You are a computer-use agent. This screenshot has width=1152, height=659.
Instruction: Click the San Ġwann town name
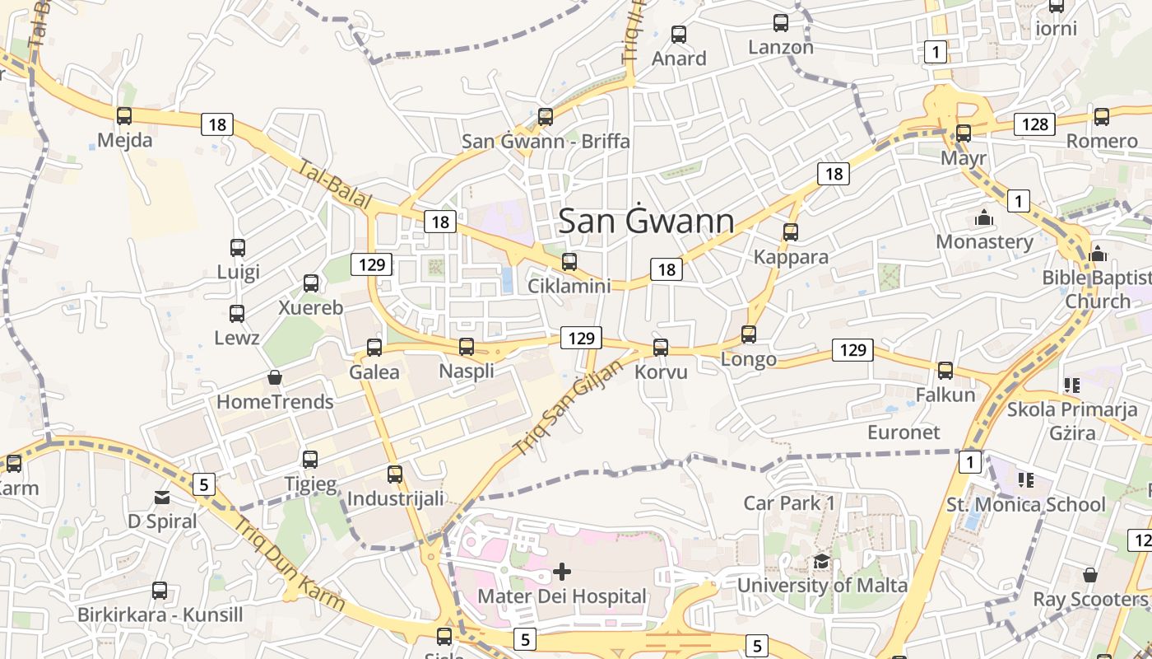tap(646, 222)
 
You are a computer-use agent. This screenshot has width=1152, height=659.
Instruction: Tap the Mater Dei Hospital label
tap(562, 596)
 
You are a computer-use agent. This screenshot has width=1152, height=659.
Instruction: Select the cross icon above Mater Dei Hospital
tap(562, 571)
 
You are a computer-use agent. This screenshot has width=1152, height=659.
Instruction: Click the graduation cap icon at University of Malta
tap(821, 562)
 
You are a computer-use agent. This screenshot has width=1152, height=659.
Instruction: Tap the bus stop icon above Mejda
tap(124, 116)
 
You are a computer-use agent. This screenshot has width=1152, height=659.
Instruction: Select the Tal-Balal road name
tap(336, 185)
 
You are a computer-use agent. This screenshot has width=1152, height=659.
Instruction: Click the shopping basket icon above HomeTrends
tap(275, 377)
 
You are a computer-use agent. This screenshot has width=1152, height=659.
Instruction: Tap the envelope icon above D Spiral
tap(162, 498)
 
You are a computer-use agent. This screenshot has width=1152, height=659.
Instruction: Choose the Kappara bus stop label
tap(791, 257)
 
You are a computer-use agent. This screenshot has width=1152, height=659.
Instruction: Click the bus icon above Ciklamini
tap(569, 263)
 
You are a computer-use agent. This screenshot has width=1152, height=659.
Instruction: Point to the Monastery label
tap(984, 241)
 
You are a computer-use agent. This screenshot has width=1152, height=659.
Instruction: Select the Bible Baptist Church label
tap(1098, 289)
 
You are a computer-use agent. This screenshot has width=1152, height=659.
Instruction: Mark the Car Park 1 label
tap(789, 502)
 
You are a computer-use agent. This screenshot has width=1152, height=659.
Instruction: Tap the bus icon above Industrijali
tap(395, 474)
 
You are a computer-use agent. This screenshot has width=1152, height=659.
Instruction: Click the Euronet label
tap(903, 432)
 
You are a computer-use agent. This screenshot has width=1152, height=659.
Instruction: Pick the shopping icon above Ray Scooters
tap(1090, 575)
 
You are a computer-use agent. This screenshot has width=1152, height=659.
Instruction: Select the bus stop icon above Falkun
tap(945, 371)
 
